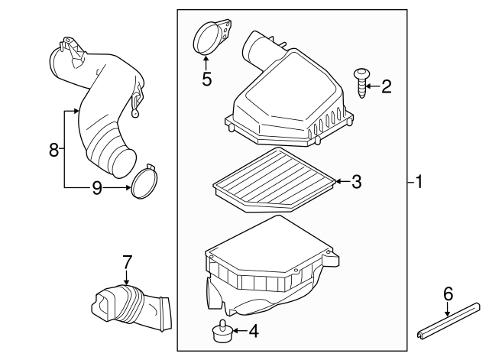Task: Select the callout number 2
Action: [386, 86]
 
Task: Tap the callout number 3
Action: [356, 181]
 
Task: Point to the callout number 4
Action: [254, 331]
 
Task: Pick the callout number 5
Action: [206, 79]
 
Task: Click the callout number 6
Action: [449, 293]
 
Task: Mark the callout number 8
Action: [53, 150]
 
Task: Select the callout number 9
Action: [97, 186]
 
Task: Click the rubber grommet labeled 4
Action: [219, 332]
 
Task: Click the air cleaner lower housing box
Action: [267, 268]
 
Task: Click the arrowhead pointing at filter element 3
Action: [336, 181]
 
